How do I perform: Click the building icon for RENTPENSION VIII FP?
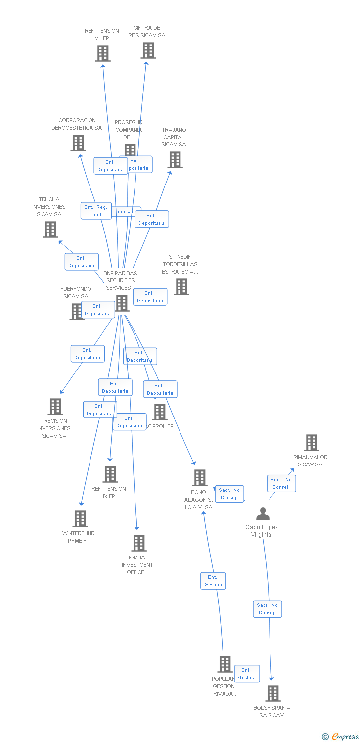tap(103, 53)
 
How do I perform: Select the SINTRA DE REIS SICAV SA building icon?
tap(148, 50)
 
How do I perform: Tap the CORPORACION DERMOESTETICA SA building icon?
tap(78, 143)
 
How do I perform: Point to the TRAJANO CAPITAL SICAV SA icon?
tap(175, 160)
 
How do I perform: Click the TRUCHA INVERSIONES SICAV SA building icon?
tap(50, 230)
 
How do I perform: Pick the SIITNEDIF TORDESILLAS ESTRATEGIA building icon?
tap(181, 287)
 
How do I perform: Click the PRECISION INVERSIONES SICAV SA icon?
tap(55, 407)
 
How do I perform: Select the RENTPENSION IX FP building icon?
tap(110, 474)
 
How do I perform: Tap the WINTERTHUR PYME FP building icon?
tap(80, 519)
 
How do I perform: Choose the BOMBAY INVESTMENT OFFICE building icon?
tap(139, 543)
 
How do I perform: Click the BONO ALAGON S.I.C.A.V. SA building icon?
tap(200, 478)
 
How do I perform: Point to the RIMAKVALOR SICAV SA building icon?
tap(312, 443)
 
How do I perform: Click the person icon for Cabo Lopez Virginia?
tap(263, 514)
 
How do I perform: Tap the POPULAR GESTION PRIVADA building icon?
tap(225, 664)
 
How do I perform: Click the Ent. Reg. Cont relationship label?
tap(96, 211)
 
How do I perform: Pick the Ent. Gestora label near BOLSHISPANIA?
tap(247, 674)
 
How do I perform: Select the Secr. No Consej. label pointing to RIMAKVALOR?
tap(281, 483)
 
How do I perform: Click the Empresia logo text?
tap(345, 737)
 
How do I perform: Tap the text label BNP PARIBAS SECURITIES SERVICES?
tap(120, 280)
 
